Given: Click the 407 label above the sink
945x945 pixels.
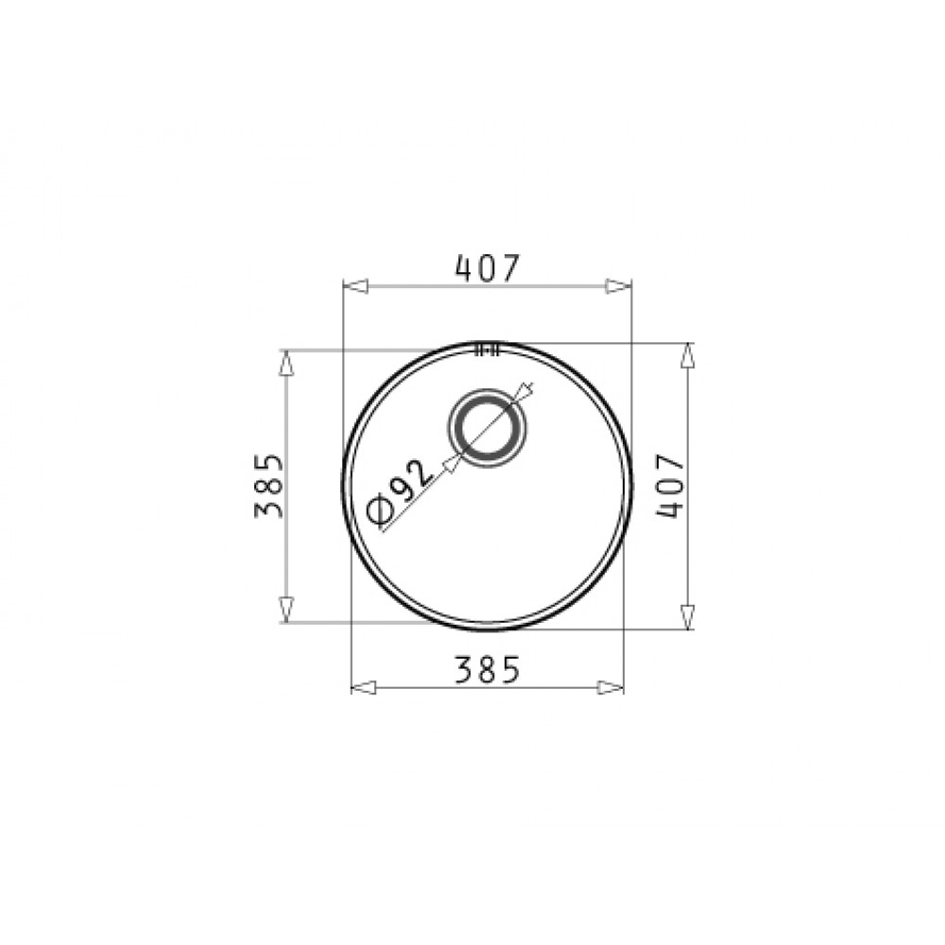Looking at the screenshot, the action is [487, 268].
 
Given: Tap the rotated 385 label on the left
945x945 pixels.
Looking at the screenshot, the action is [268, 486].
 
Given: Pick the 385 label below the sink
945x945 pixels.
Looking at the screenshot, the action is [487, 670].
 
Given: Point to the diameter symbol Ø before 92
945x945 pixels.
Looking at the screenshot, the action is [380, 511].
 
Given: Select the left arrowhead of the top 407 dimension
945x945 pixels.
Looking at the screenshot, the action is [355, 285].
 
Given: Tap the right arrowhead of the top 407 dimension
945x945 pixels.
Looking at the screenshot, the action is [619, 285].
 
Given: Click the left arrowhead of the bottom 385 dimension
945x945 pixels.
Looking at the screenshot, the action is [364, 687].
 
